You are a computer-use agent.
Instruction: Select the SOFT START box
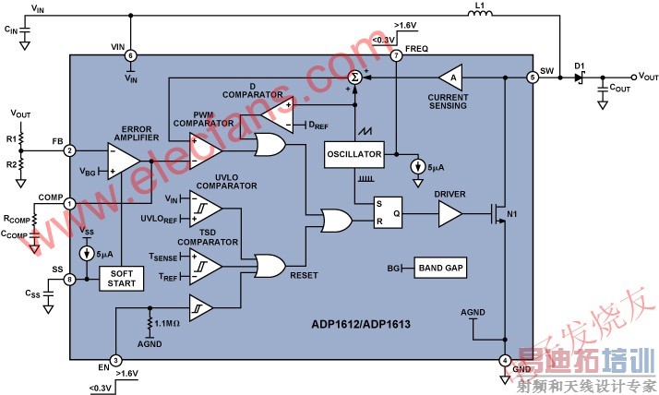click(121, 278)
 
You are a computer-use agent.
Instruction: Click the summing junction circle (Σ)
click(353, 79)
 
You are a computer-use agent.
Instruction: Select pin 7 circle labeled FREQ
click(397, 55)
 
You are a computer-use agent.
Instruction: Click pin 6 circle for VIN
click(130, 55)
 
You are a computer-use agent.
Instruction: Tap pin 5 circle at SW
click(533, 78)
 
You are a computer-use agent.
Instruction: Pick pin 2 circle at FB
click(69, 150)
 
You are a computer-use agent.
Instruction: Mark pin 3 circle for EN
click(115, 360)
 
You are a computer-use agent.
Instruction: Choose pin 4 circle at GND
click(505, 360)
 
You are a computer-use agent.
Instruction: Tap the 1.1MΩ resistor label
click(170, 322)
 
